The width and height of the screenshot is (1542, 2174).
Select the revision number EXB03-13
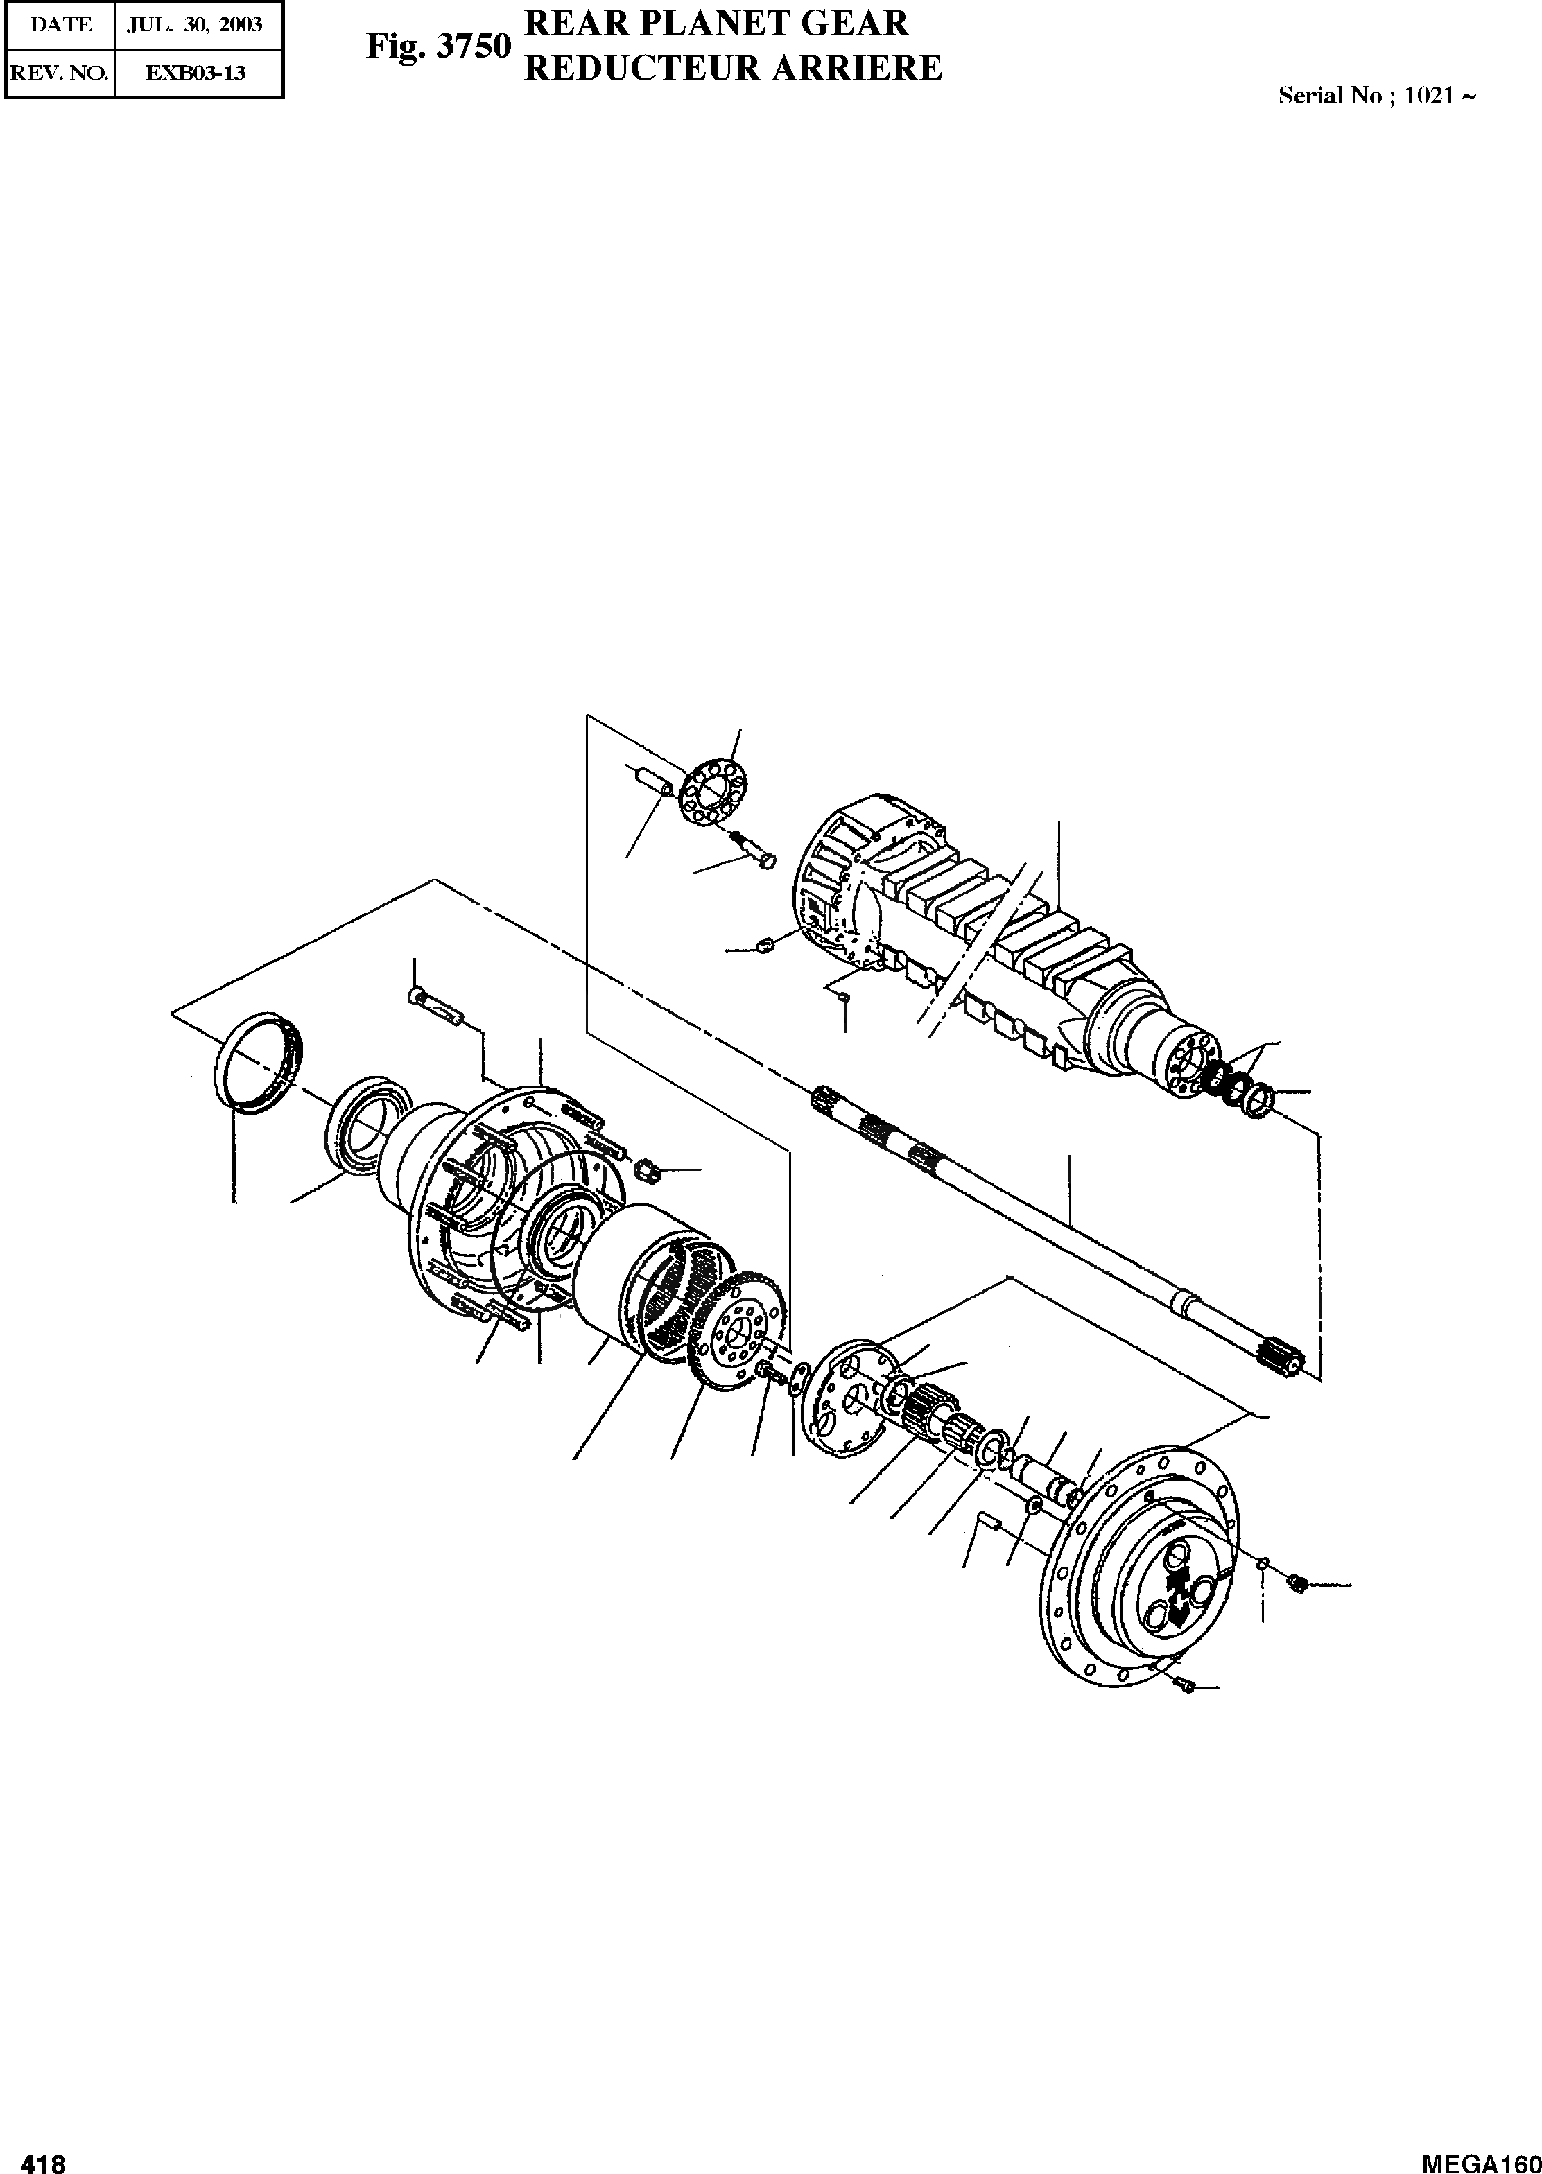coord(196,72)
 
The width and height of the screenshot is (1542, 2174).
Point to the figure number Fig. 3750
coord(439,46)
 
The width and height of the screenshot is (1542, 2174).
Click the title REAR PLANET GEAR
coord(717,23)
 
